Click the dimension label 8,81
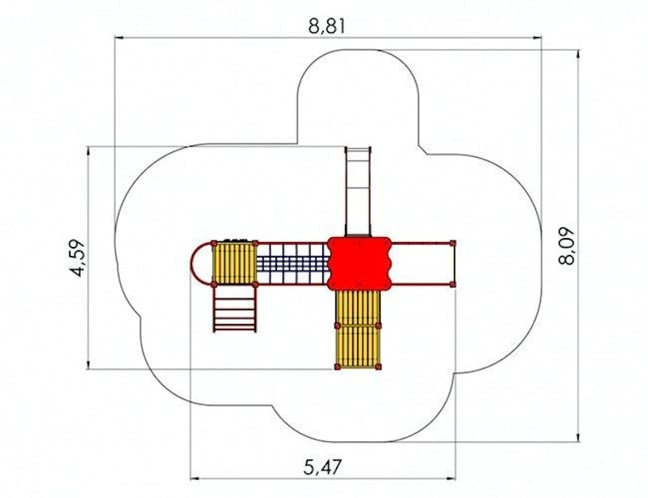326,26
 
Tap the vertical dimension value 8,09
565,246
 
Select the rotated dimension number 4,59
77,258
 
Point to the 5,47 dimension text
322,468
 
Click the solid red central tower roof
359,263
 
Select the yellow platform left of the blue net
233,263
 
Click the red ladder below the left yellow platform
234,309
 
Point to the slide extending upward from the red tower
358,192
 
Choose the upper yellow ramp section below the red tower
358,307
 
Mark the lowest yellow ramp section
358,347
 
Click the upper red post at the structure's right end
453,243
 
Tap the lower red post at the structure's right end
453,284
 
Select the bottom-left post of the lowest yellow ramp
338,367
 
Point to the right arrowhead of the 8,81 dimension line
537,38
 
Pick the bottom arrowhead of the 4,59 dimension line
88,364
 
